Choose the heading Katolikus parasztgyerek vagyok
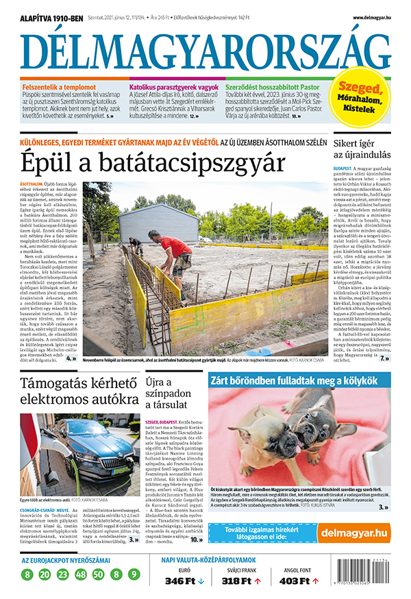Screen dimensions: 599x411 (174, 88)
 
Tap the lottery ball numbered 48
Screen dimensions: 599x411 (80, 574)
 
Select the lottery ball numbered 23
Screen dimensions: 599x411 (62, 574)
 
